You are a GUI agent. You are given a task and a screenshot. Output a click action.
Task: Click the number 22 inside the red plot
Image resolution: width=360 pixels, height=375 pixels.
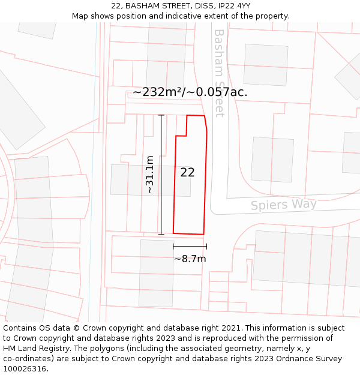[x=187, y=172]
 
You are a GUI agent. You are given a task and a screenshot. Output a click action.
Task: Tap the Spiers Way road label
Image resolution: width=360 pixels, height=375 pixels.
[x=283, y=205]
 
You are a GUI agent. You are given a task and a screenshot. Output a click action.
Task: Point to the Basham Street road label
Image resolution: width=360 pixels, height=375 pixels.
[x=219, y=73]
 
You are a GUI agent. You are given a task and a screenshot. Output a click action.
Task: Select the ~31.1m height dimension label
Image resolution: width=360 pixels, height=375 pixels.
[x=149, y=174]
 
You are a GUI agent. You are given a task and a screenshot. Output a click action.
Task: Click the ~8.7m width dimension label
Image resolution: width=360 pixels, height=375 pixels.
[x=190, y=259]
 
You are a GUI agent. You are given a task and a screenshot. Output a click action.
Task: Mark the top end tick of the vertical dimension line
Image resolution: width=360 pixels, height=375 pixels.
[x=161, y=115]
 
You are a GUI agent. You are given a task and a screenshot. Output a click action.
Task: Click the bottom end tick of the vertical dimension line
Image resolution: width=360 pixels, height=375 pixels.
[x=161, y=234]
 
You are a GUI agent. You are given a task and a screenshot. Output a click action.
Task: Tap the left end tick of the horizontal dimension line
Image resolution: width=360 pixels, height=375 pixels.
[x=173, y=246]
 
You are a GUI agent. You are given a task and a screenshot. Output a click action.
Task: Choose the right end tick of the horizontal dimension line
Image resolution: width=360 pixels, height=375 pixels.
[x=206, y=246]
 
